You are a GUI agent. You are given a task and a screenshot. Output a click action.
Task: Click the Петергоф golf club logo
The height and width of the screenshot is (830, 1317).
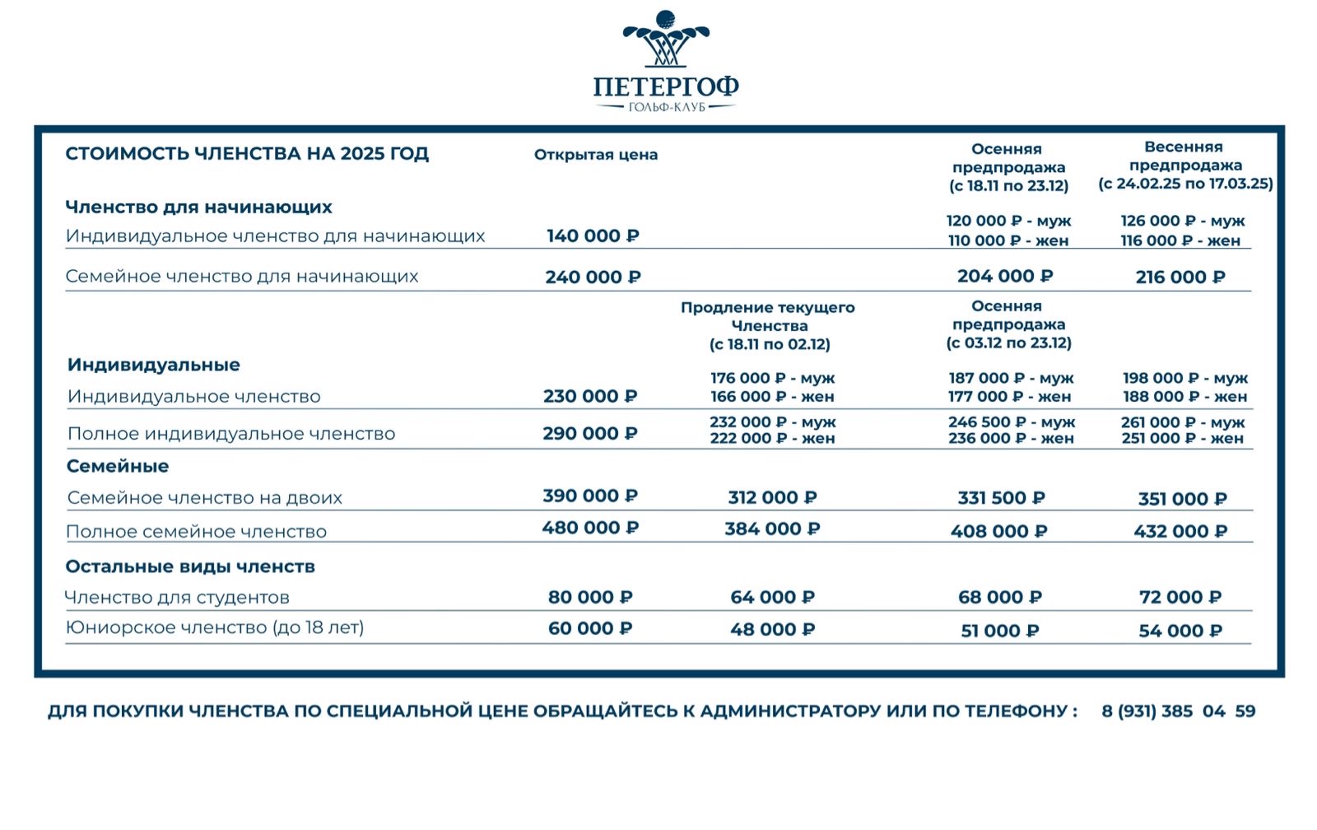665,62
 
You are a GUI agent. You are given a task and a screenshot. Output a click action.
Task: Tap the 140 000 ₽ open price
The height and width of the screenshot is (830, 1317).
593,236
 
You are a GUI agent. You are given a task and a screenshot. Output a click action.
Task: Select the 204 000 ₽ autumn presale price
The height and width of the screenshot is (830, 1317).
1005,277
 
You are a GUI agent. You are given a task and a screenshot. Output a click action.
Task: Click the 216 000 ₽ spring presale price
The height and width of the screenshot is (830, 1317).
1180,277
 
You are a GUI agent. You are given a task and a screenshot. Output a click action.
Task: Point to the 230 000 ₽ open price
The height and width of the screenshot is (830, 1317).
590,397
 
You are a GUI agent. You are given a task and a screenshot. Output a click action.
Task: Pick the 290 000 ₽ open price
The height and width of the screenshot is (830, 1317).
590,434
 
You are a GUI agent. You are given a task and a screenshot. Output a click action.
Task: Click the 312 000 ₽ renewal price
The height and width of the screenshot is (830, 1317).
772,498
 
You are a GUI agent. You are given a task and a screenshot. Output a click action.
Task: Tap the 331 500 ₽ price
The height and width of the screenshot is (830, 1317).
1001,498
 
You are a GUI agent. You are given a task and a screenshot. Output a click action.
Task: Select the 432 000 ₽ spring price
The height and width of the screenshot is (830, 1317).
1180,532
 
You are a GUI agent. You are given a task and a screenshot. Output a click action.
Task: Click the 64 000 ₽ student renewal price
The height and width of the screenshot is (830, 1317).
772,598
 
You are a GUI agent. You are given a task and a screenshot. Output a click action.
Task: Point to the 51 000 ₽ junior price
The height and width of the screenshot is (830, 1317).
1000,632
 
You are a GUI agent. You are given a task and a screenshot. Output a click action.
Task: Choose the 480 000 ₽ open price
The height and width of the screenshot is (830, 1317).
590,528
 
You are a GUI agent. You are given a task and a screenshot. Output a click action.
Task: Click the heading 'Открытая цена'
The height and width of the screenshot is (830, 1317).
596,155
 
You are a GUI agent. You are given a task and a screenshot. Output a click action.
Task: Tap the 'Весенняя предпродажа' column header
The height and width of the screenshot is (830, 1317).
1185,166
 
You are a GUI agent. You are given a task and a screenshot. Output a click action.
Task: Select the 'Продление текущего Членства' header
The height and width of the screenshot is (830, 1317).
768,325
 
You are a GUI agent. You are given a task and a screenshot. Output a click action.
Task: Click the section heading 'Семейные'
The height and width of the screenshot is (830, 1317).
118,466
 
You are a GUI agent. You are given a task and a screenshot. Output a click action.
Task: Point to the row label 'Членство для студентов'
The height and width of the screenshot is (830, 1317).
177,598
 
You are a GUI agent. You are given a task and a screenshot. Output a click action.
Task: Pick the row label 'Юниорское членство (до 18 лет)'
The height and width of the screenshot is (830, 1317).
215,628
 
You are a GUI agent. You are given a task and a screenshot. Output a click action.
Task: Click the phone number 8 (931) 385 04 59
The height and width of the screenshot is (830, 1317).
1178,711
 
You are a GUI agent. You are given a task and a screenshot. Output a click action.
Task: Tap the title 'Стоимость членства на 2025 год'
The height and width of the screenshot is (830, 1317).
247,154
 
